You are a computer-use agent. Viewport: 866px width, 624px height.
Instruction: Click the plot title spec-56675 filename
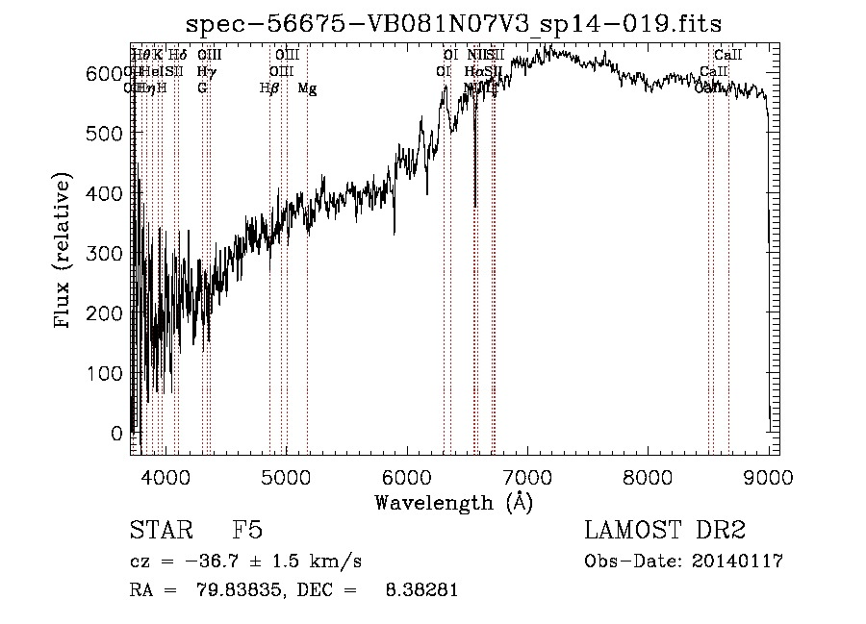(453, 23)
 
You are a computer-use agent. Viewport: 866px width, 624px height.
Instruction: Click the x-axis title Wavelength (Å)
(453, 502)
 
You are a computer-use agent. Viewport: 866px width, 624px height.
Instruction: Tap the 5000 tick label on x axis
(287, 476)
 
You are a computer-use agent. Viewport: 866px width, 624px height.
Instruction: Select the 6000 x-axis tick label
(407, 476)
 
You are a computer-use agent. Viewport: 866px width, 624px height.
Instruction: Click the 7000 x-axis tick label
(527, 476)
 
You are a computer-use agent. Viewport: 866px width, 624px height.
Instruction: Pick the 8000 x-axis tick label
(648, 476)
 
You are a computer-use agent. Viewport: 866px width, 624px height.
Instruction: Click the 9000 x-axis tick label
(768, 476)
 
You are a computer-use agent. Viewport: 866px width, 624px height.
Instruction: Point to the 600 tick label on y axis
(112, 73)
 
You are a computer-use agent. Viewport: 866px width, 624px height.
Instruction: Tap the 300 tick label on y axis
(112, 253)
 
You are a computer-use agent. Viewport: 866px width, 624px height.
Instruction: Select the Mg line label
(307, 88)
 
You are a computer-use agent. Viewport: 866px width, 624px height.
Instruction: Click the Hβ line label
(269, 88)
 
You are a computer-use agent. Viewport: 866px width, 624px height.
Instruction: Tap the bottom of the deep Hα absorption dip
(475, 205)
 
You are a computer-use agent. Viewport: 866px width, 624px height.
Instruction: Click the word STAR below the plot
(160, 532)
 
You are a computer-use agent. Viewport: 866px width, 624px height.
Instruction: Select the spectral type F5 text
(247, 532)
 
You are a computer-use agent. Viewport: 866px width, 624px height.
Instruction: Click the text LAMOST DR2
(665, 532)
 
